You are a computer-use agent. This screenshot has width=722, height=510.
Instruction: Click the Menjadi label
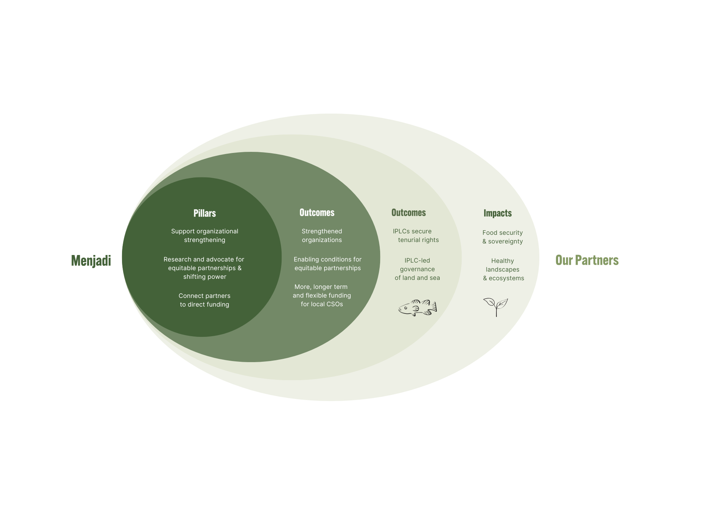point(91,260)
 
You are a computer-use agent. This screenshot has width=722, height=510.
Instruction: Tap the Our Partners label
point(587,260)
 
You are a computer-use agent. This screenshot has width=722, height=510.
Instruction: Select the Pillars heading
point(205,213)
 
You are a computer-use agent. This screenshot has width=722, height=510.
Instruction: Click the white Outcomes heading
point(317,212)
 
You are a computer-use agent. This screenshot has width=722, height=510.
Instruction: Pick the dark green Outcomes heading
point(409,212)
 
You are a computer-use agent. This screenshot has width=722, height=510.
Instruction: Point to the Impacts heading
point(497,213)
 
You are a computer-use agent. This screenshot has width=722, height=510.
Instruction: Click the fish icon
point(418,308)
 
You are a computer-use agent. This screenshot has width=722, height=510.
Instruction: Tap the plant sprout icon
point(496,307)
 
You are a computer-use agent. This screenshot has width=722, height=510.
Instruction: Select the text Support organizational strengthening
point(205,236)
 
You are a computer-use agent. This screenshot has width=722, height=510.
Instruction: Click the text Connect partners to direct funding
point(205,300)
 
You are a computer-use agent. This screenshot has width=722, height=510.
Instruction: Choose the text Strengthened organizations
point(322,236)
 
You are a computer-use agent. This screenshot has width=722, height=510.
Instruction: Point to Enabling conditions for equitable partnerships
point(327,264)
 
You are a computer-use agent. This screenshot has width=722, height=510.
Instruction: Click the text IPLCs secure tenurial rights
point(416,236)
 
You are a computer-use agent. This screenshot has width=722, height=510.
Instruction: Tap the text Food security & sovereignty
point(503,237)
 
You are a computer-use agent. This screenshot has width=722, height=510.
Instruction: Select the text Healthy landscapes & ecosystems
point(503,269)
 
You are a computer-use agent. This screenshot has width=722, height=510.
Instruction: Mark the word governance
point(417,269)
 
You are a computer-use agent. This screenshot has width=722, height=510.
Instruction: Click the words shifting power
point(205,277)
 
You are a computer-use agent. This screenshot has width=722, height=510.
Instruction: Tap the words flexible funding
point(328,295)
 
